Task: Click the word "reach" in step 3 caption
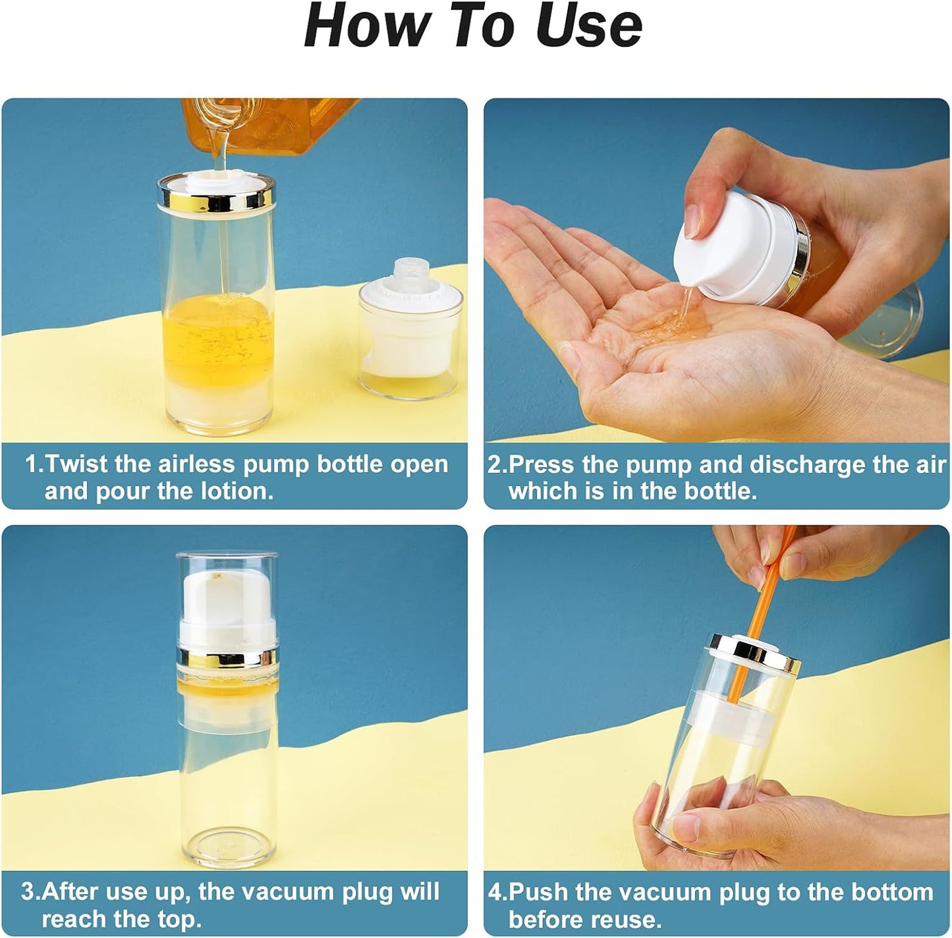click(78, 918)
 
